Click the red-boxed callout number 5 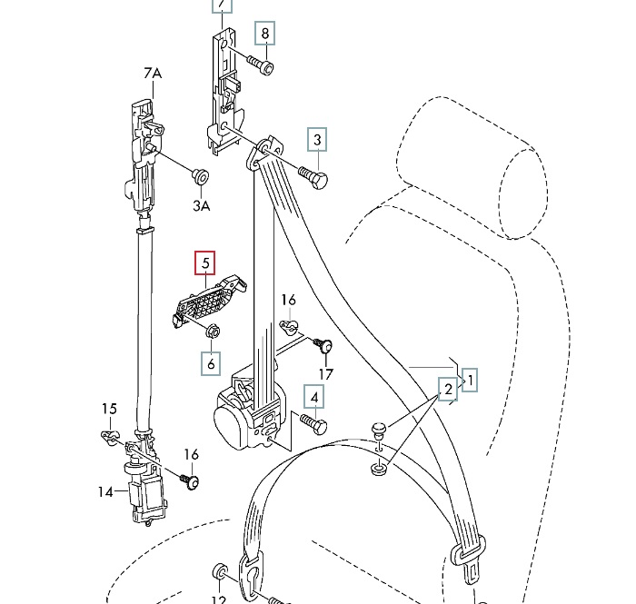(206, 263)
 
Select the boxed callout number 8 (265, 35)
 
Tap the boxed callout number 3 (317, 140)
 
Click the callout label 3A (201, 206)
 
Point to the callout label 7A (152, 73)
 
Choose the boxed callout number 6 (211, 364)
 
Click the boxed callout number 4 (314, 396)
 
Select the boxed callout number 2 (447, 391)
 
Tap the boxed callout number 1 (470, 379)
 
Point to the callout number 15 (109, 409)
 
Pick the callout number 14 (105, 492)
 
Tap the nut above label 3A (201, 176)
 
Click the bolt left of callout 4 (312, 423)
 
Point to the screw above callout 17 (323, 346)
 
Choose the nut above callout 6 (211, 332)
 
